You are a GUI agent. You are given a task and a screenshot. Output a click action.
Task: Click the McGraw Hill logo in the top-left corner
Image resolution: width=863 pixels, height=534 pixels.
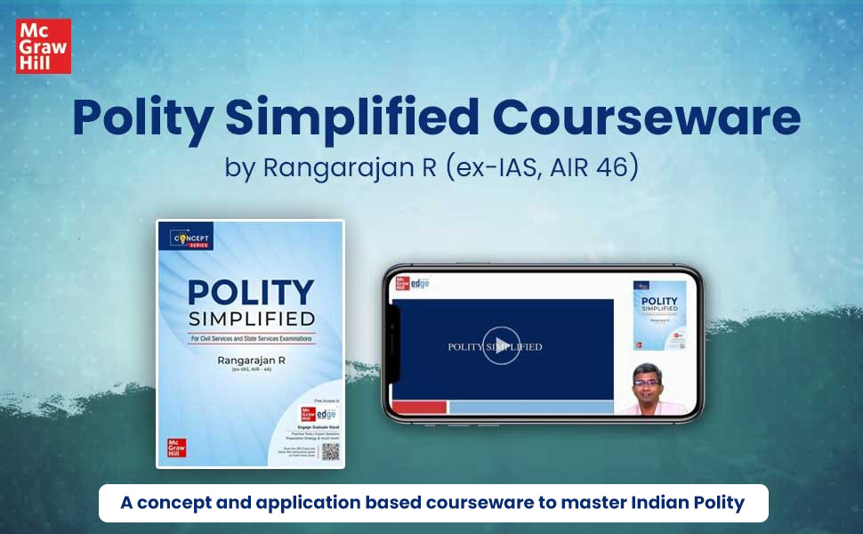pyautogui.click(x=43, y=45)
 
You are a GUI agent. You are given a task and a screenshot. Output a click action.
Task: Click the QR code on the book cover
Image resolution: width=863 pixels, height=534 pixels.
pyautogui.click(x=330, y=452)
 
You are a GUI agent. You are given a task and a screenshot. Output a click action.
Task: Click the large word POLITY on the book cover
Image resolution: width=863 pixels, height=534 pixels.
pyautogui.click(x=250, y=294)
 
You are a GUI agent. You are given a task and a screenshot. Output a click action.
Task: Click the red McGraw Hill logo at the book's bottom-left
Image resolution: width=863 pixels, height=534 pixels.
pyautogui.click(x=177, y=448)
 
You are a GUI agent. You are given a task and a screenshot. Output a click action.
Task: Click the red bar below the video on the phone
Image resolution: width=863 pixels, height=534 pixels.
pyautogui.click(x=419, y=408)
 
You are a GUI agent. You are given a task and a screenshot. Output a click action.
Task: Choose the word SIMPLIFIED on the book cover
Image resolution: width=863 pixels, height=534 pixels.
pyautogui.click(x=250, y=319)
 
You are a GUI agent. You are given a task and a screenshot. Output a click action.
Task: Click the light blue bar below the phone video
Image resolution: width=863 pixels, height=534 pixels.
pyautogui.click(x=531, y=408)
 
